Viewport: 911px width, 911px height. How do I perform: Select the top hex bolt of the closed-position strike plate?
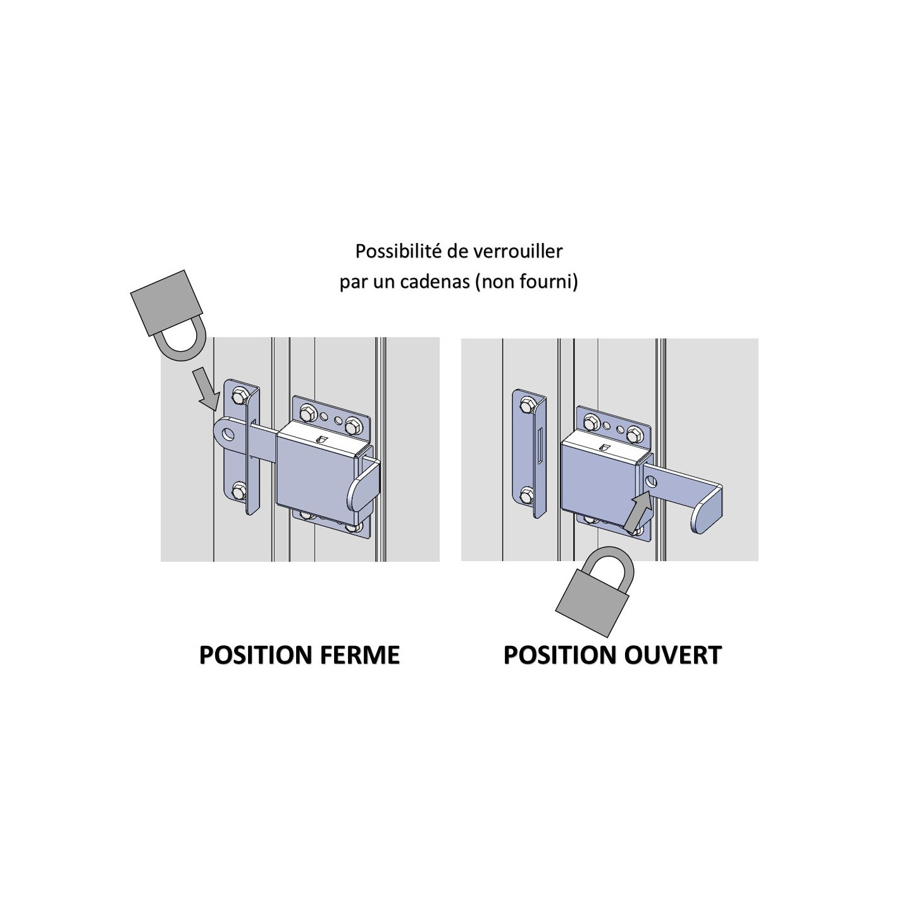click(x=240, y=397)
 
